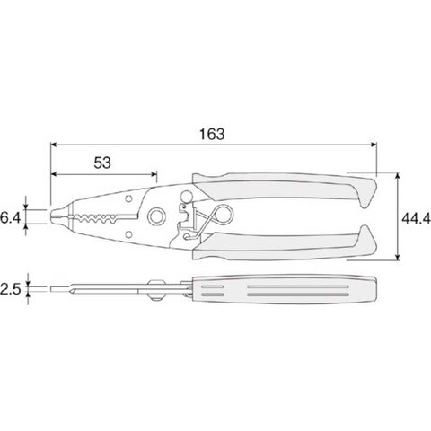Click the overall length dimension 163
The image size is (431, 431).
212,134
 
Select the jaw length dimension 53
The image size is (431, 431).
102,163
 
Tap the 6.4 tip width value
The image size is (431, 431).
11,217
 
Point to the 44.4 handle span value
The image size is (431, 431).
416,218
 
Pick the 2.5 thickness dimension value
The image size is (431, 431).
11,289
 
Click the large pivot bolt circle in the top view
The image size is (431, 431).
156,216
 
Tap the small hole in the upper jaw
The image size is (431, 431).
128,198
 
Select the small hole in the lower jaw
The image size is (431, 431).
128,233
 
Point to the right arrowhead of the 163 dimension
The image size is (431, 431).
374,145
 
